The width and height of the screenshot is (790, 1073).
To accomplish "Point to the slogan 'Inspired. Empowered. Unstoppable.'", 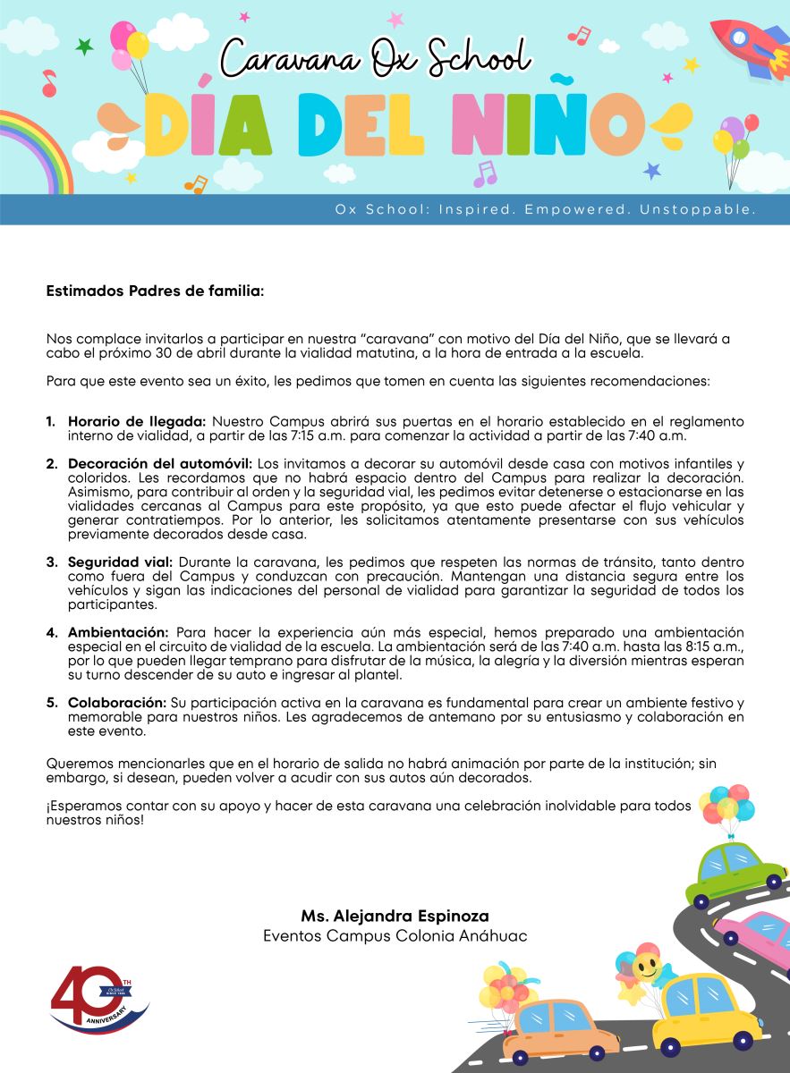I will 546,209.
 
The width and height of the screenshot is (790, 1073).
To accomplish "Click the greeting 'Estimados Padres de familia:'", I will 155,291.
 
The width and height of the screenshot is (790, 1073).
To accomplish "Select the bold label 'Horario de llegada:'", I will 137,420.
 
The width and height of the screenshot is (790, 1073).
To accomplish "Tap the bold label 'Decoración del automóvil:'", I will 160,463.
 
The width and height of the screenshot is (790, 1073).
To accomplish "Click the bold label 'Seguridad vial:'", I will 120,562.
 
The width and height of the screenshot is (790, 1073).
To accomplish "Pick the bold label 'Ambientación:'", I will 116,632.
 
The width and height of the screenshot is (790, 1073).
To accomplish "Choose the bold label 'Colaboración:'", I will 118,703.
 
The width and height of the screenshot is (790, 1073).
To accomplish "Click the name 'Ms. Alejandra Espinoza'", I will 395,917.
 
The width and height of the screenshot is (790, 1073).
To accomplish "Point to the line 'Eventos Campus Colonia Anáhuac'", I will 395,935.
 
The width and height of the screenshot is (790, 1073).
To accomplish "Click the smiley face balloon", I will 646,967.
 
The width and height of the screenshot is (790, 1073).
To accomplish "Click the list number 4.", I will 52,632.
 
